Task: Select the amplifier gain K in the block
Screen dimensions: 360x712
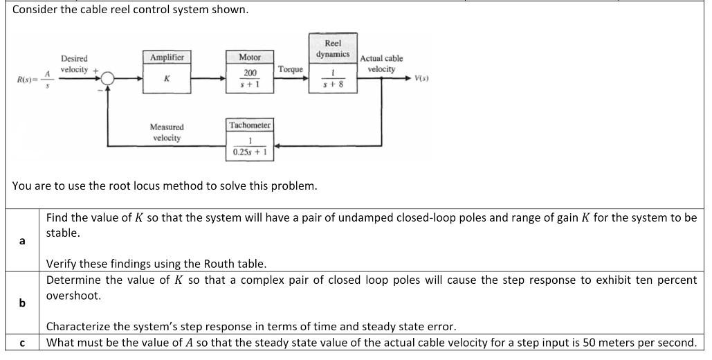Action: (x=167, y=79)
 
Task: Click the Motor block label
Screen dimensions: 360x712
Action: (x=249, y=57)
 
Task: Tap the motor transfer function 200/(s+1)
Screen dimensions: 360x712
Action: (x=249, y=78)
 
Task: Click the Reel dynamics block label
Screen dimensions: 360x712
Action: (x=333, y=48)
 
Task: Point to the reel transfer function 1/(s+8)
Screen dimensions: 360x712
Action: (x=333, y=78)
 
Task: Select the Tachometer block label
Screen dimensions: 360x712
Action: (x=250, y=125)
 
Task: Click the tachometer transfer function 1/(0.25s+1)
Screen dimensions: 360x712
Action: (x=250, y=146)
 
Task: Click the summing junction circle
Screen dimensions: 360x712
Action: (x=107, y=79)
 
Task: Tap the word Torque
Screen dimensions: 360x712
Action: (x=291, y=69)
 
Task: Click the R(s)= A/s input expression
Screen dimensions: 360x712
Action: (x=34, y=80)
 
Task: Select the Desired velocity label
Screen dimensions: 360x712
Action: (x=74, y=64)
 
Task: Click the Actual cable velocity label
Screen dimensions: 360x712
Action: (x=381, y=64)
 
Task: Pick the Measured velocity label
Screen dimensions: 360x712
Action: (x=167, y=132)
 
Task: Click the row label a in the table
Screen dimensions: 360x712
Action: (x=22, y=241)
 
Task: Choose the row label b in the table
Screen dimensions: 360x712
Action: (x=22, y=303)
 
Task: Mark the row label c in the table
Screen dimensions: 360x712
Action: (x=22, y=343)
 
